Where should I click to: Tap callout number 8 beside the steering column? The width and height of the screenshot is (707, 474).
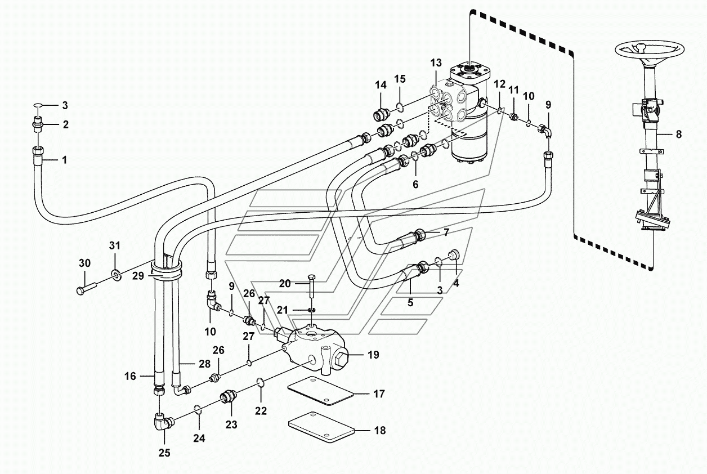pos(679,135)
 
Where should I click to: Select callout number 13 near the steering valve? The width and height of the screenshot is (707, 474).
pos(437,62)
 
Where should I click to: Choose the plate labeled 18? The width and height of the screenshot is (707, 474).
pos(321,430)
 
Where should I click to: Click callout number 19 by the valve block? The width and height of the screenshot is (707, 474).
pos(373,355)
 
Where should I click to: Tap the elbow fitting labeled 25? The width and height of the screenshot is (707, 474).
pos(162,422)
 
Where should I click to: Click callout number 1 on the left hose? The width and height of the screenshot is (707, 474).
pos(64,160)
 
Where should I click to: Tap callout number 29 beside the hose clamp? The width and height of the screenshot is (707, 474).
pos(139,275)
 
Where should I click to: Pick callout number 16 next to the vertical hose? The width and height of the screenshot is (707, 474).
pos(130,376)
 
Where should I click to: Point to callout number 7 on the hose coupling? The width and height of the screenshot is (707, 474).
pos(446,231)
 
